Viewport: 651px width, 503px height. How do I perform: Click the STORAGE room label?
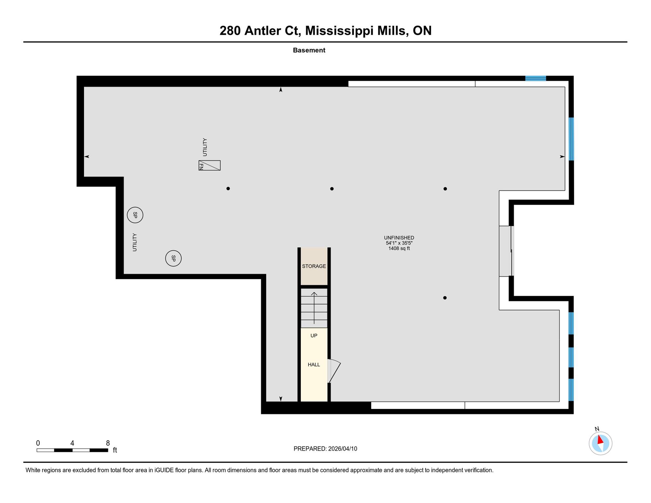(314, 266)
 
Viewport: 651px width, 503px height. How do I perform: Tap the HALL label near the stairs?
(314, 365)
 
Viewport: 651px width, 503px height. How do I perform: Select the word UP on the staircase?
(314, 336)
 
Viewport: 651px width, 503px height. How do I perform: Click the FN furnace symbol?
(210, 165)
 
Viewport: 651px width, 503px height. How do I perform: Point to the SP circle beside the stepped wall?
(135, 215)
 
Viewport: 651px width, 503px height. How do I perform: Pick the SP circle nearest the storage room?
(173, 258)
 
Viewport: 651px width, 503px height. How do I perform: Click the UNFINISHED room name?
(399, 238)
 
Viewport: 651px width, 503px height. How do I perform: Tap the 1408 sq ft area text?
(399, 248)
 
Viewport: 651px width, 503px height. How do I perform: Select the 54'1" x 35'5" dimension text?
(399, 243)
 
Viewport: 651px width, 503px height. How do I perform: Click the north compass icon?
(601, 443)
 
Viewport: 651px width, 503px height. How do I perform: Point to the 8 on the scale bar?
(108, 443)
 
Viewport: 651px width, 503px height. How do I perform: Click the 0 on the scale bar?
(38, 443)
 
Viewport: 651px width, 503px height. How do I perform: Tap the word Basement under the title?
(309, 50)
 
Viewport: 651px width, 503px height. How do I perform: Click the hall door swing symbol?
(334, 371)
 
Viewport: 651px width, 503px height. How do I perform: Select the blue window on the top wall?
(535, 78)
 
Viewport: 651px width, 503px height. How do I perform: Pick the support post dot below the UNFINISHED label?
(445, 298)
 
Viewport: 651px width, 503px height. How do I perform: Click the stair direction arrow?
(314, 308)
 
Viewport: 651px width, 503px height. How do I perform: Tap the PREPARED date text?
(325, 449)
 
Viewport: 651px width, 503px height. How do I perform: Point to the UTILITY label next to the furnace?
(205, 147)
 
